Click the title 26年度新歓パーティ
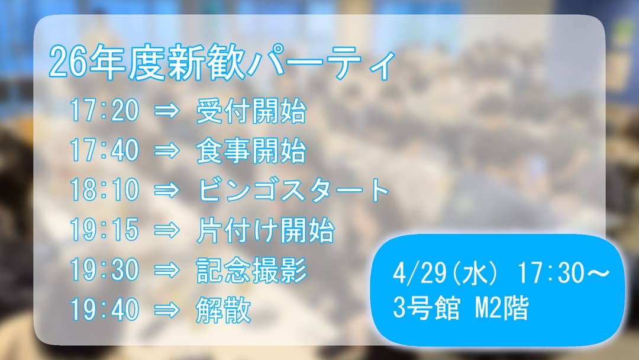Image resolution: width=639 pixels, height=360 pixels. pos(222,64)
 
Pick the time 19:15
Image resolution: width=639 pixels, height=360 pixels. pos(104,230)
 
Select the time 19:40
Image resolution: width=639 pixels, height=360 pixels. pos(104,310)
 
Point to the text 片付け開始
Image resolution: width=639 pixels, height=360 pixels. pos(265,230)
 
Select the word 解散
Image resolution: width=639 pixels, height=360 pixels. pos(223,310)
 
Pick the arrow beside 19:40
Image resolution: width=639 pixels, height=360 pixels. pos(166,310)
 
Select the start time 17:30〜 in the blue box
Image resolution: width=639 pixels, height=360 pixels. pos(563,274)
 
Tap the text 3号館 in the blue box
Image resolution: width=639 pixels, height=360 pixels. pos(426,308)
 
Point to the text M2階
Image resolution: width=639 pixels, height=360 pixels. pos(501,308)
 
